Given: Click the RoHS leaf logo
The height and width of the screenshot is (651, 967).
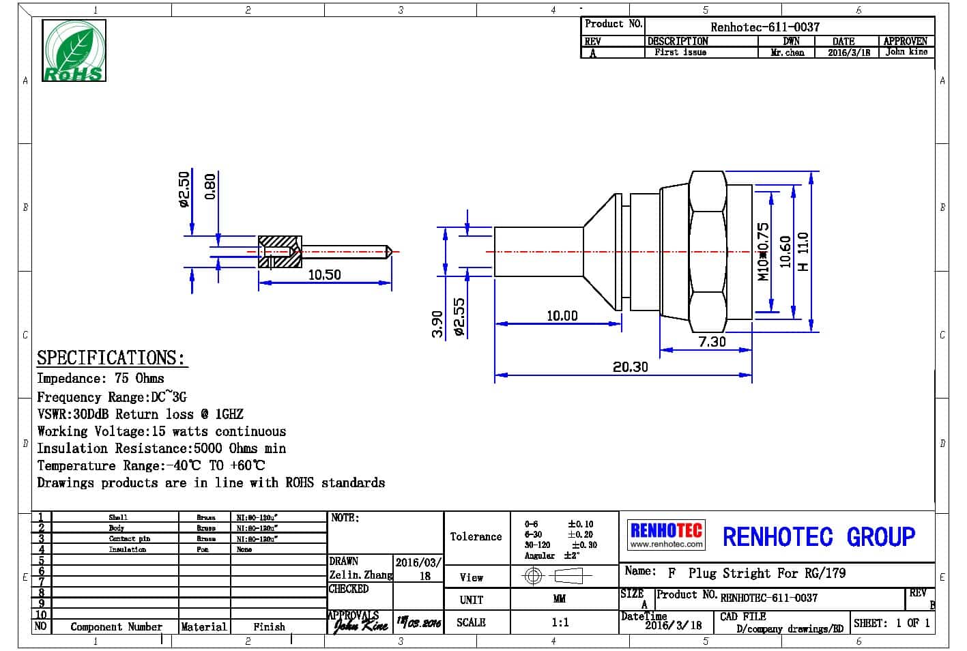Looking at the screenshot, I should point(74,51).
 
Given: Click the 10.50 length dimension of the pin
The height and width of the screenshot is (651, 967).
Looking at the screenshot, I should point(324,274).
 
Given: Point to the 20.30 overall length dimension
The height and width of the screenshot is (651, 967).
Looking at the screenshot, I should point(630,367).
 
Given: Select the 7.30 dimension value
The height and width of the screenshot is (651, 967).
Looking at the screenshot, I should point(712,341).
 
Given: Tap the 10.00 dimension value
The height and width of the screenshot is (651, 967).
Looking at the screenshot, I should point(562,316).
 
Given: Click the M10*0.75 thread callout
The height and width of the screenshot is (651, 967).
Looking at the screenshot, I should point(763,251).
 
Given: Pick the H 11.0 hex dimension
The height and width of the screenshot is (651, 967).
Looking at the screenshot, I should point(803,251).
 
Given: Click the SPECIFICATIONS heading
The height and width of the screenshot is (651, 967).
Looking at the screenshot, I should point(111,358).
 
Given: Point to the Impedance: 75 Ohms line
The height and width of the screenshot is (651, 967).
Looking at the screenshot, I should point(100,378).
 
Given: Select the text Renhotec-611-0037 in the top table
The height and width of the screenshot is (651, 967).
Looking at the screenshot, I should point(764,27).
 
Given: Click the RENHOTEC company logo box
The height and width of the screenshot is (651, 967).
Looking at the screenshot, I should point(665,535).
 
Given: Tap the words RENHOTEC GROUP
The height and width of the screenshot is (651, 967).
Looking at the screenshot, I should point(818,536).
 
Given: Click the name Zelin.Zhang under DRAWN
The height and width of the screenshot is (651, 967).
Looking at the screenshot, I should point(361,575).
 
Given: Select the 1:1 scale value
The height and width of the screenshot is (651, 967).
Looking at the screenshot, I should point(560,622).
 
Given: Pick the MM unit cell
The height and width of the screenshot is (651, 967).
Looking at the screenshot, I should point(559,599).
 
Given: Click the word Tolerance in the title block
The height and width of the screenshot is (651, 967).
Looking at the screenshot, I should point(476,536).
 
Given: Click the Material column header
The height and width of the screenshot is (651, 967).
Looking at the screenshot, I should point(203,626).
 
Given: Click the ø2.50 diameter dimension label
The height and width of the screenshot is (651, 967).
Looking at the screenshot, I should point(183,189).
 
